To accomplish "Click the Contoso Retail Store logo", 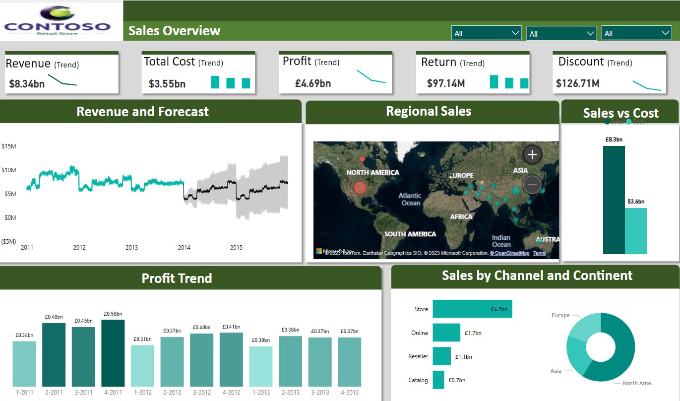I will coord(58,21).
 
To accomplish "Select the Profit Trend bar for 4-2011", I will coord(113,353).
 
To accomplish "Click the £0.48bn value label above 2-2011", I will coord(54,317).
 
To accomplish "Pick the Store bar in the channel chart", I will coord(472,309).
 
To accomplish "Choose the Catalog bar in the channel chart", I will coord(438,380).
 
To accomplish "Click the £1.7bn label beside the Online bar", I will coord(473,333).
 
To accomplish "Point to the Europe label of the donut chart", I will coord(560,315).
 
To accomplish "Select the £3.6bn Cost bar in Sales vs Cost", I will coord(636,231).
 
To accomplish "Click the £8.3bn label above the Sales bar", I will coord(614,140).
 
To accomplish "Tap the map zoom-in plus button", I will coord(532,154).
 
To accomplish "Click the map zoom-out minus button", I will coord(532,185).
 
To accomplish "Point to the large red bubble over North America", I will coord(361,188).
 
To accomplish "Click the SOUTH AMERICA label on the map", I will coord(410,234).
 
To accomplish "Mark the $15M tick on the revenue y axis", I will coord(9,146).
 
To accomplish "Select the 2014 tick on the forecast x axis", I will coord(184,247).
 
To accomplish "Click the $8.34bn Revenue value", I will coord(27,83).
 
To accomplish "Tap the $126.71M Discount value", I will coord(577,83).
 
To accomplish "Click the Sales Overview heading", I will coord(174,31).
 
